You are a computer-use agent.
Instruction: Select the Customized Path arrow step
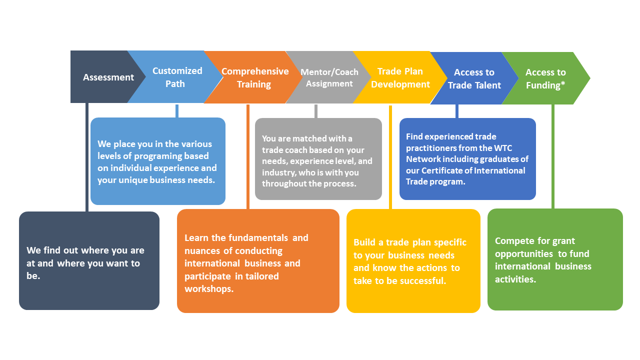click(175, 77)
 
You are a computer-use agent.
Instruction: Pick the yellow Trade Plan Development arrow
click(400, 78)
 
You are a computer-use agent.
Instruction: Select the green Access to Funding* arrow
click(545, 78)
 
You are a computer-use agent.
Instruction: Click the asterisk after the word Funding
click(563, 84)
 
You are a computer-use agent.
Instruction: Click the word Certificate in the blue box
click(443, 170)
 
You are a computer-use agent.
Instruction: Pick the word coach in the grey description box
click(296, 150)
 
